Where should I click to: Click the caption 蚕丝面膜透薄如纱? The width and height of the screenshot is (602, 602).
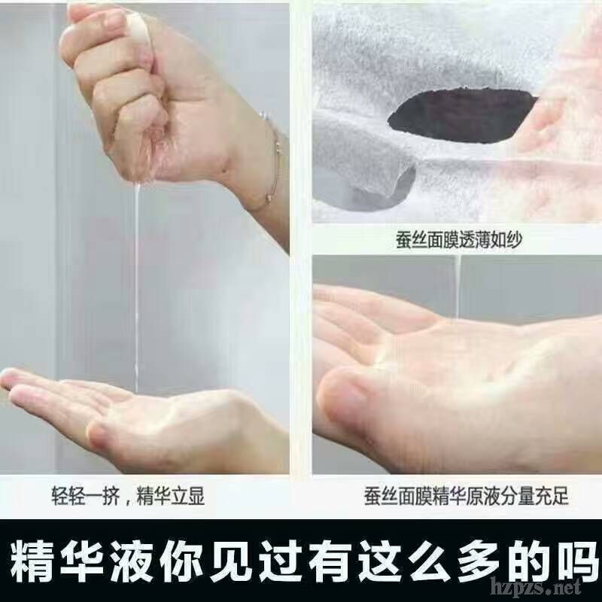[459, 240]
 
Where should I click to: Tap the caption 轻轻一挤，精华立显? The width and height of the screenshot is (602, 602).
[128, 496]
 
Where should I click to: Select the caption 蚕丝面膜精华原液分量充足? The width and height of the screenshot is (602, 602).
[466, 496]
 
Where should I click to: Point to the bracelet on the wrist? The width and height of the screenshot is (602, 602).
[274, 161]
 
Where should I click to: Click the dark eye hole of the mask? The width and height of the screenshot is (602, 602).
[462, 116]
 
